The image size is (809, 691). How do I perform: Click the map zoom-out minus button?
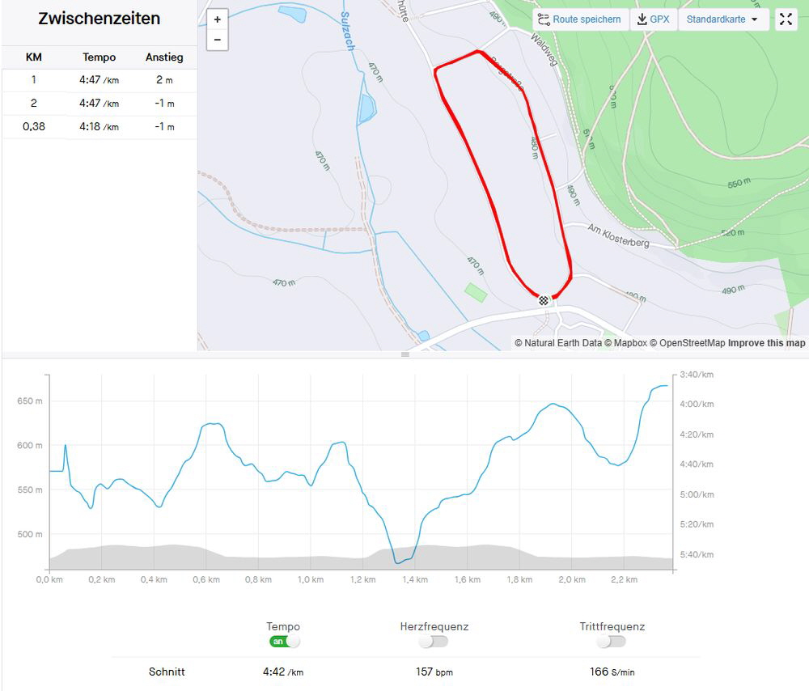pyautogui.click(x=217, y=40)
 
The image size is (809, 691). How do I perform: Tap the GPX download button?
pyautogui.click(x=654, y=19)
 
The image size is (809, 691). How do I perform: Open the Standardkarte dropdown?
pyautogui.click(x=722, y=19)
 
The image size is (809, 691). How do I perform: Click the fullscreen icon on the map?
pyautogui.click(x=786, y=19)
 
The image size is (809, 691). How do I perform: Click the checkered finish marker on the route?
pyautogui.click(x=544, y=300)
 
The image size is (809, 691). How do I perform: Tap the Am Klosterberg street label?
pyautogui.click(x=618, y=235)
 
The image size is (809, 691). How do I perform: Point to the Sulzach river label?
pyautogui.click(x=348, y=32)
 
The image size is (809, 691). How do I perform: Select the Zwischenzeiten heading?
pyautogui.click(x=99, y=19)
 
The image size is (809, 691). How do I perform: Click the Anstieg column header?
pyautogui.click(x=164, y=57)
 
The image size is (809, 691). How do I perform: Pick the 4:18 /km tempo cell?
pyautogui.click(x=99, y=127)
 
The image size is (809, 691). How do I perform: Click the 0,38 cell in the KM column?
pyautogui.click(x=33, y=127)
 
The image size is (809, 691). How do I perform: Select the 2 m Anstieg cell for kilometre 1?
pyautogui.click(x=164, y=80)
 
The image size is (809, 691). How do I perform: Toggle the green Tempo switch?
pyautogui.click(x=284, y=642)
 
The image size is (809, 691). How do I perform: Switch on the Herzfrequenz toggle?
pyautogui.click(x=434, y=642)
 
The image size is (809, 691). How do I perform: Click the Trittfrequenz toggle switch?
pyautogui.click(x=612, y=642)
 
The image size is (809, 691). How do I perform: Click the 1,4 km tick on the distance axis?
pyautogui.click(x=415, y=580)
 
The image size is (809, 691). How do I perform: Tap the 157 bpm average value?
pyautogui.click(x=434, y=672)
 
